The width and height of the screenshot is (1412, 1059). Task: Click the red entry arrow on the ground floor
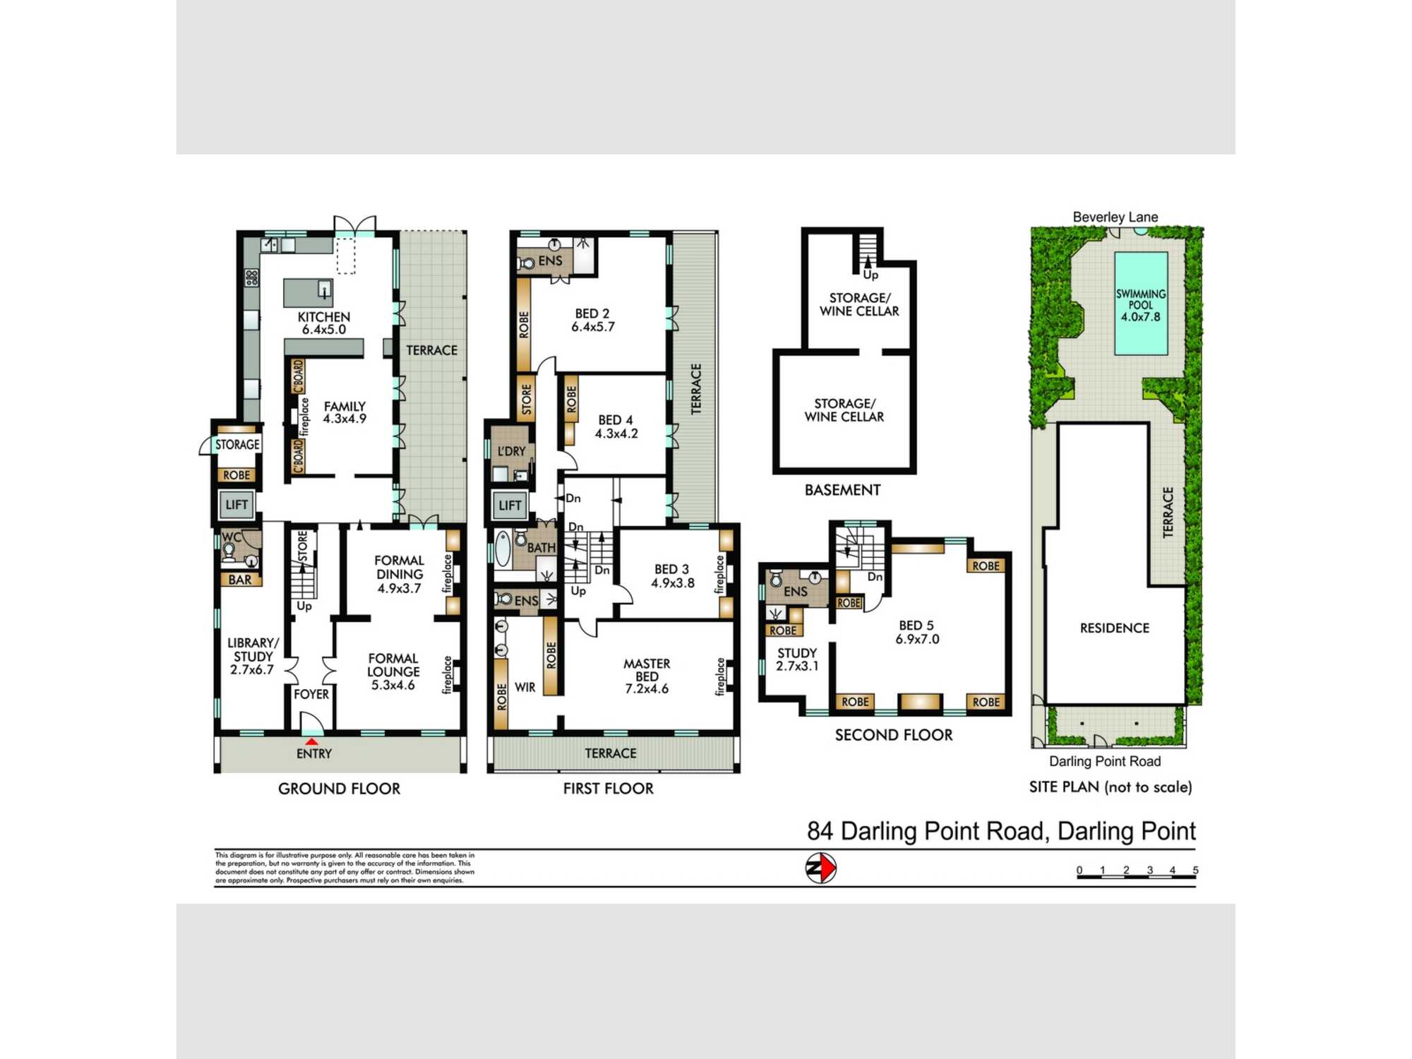311,741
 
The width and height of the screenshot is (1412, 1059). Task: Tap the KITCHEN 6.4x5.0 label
323,323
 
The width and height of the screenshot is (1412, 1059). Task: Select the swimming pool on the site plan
1140,304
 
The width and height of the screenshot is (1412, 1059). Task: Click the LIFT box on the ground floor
237,505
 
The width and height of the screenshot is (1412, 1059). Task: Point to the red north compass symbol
821,868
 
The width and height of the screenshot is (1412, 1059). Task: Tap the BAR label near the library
240,580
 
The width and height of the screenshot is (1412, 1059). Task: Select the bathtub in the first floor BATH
502,549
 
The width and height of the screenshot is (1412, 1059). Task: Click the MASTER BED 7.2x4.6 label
646,676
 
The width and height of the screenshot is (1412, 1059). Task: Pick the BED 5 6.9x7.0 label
916,632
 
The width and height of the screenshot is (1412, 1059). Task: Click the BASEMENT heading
842,490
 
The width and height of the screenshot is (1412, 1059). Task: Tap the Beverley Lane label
1115,217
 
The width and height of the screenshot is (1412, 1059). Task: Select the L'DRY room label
511,451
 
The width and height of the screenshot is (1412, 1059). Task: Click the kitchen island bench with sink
308,292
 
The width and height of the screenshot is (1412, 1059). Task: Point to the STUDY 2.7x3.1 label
796,659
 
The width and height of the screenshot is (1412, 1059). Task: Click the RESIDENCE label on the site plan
1114,628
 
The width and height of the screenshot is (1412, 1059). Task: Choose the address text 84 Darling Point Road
1001,831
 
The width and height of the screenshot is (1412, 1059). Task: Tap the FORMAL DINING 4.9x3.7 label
399,574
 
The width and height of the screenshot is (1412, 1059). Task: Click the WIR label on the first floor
525,687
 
